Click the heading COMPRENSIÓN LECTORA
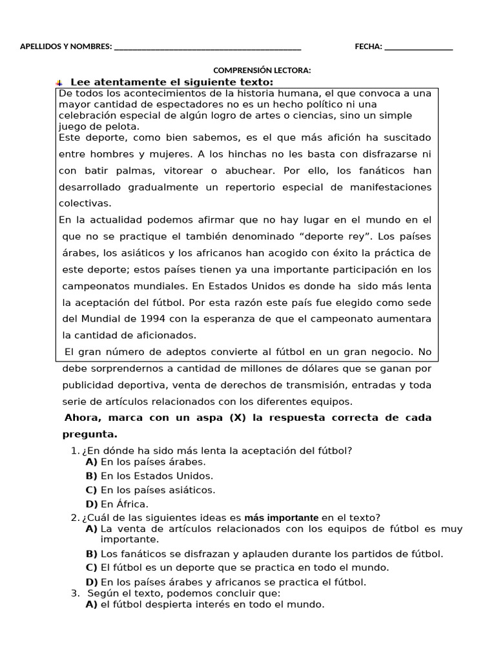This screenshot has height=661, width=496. (262, 70)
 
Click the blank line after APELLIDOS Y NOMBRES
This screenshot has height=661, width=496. (207, 47)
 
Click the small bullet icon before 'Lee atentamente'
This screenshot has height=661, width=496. (59, 83)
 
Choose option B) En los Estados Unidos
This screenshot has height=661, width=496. (149, 476)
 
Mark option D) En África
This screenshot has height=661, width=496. (116, 504)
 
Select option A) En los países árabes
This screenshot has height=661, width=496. (145, 462)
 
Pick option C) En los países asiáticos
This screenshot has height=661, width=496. (150, 490)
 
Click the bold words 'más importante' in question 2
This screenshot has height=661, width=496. (281, 518)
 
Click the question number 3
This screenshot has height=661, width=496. (75, 593)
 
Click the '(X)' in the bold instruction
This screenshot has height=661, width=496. (237, 418)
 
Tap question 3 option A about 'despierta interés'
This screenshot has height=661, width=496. (205, 605)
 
